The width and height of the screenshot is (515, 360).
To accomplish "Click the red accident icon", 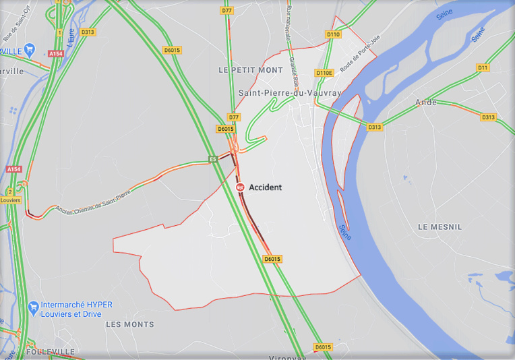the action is [x=240, y=187].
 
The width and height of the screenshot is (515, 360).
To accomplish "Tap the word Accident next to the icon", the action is [x=266, y=187].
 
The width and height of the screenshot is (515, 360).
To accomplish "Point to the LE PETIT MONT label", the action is [x=251, y=70].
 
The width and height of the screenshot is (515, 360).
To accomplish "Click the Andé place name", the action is [x=426, y=102].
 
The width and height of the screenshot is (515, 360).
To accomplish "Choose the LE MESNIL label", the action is [x=440, y=227].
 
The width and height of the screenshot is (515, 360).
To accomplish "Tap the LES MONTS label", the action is [x=130, y=324].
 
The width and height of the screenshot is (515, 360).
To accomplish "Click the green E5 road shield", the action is [x=213, y=160].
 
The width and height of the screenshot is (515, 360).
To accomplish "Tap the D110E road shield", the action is [x=324, y=73].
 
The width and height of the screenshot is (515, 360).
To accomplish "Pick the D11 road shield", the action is [x=483, y=67].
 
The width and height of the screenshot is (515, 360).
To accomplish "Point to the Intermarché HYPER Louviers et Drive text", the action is [x=76, y=309].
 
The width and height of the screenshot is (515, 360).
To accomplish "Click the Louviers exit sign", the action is [x=10, y=200].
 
